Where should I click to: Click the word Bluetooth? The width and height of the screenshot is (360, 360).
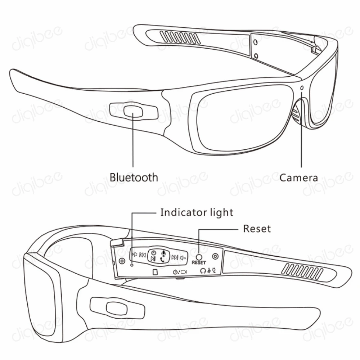pos(134,177)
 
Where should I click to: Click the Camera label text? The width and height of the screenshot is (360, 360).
pos(299,177)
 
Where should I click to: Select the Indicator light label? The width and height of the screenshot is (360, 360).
pos(197,212)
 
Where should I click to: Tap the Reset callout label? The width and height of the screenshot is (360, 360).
pos(257,229)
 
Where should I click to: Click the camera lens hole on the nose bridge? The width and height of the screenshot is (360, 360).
pos(302,88)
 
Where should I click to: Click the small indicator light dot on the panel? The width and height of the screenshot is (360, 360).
pos(132,265)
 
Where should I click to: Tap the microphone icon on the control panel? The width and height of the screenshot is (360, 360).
pos(163,253)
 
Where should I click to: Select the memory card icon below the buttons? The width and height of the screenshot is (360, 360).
pos(156,272)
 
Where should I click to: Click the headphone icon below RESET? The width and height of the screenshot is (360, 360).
pos(203,271)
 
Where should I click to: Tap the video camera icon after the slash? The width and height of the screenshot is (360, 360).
pos(184,272)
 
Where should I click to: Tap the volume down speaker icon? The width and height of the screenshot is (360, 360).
pos(184,257)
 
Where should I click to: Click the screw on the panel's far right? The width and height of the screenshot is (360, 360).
pos(215,256)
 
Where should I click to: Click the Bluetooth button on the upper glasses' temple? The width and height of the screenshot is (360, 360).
pos(133,111)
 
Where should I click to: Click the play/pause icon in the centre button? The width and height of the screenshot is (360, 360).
pos(154,259)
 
